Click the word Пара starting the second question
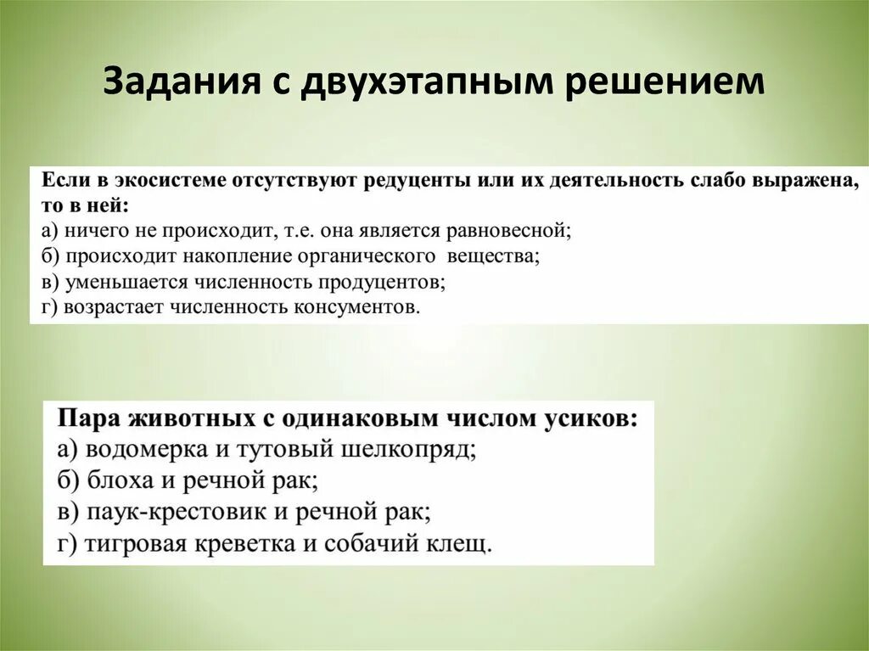(88, 419)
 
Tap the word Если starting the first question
(61, 182)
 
